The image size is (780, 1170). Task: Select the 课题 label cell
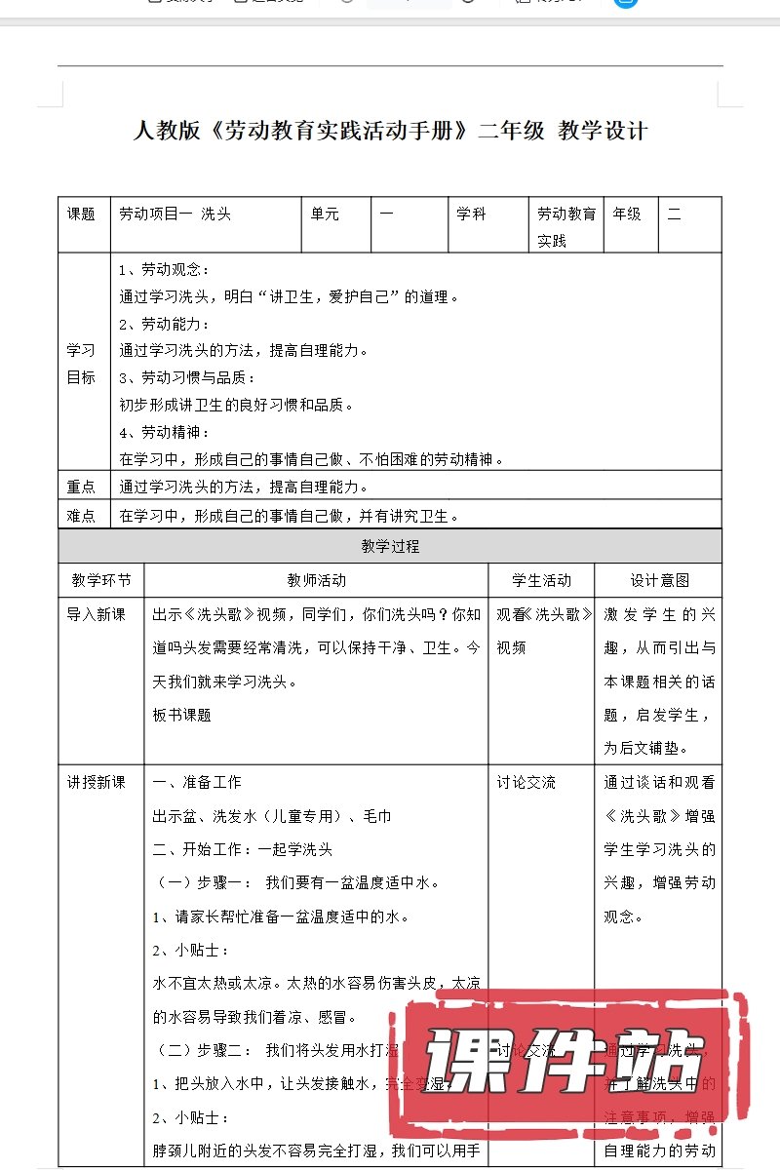click(x=81, y=214)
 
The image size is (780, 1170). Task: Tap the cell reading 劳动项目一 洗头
click(x=175, y=214)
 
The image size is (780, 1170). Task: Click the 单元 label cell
click(x=325, y=214)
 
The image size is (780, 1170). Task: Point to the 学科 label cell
click(x=471, y=214)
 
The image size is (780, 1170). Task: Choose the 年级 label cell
click(x=627, y=214)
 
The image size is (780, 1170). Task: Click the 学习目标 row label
click(x=81, y=363)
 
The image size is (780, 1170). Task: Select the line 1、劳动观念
click(x=164, y=270)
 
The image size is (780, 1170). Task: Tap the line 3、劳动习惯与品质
click(x=186, y=377)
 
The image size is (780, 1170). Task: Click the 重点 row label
click(x=81, y=487)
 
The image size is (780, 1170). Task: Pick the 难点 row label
click(x=81, y=516)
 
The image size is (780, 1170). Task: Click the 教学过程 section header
click(x=390, y=546)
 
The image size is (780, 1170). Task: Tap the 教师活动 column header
click(x=316, y=580)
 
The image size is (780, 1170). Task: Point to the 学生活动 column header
click(x=541, y=580)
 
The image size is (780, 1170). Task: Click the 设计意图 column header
click(x=659, y=580)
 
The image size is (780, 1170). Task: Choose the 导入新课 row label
click(x=96, y=614)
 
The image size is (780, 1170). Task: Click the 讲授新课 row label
click(x=96, y=782)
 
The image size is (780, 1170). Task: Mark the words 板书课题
click(x=182, y=715)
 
